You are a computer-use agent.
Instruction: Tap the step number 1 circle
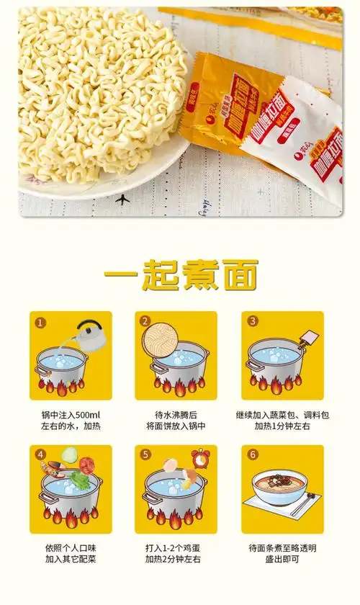(x=41, y=322)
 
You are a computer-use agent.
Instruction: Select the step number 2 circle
(x=145, y=322)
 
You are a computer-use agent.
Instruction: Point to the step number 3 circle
(x=252, y=322)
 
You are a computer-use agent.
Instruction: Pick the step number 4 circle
(x=41, y=454)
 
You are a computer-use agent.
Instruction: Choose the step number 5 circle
(x=145, y=454)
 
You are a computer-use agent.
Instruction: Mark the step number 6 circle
(x=252, y=454)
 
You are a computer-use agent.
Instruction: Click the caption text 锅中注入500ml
(x=71, y=415)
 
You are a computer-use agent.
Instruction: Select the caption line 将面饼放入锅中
(x=176, y=426)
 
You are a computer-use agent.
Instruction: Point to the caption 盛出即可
(x=282, y=559)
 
